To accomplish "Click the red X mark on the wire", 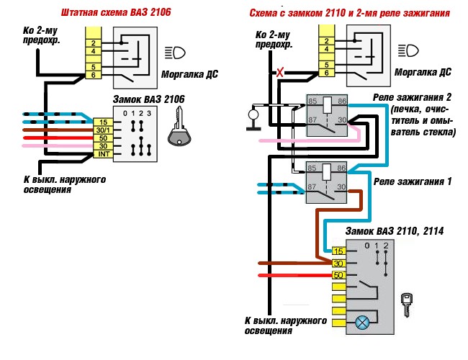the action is (x=279, y=72).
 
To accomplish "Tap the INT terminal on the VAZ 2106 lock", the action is (x=103, y=154).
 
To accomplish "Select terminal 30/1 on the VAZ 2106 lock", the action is (x=103, y=130).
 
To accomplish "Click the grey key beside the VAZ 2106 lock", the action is (x=179, y=127).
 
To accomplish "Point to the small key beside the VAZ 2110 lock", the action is (x=407, y=304).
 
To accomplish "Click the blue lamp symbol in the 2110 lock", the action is (x=362, y=323).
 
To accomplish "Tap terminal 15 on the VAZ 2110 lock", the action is (x=339, y=251).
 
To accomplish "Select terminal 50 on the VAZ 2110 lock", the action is (x=339, y=275).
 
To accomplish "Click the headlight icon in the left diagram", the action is (x=175, y=53).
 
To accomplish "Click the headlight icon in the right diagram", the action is (x=408, y=50).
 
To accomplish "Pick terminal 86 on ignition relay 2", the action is (x=342, y=101).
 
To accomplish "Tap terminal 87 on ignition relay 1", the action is (x=312, y=186).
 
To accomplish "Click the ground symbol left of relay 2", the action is (x=253, y=119).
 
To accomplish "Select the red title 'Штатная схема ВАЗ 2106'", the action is (x=116, y=12).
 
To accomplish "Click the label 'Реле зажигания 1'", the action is (x=413, y=181).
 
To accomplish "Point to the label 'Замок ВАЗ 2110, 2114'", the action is (x=395, y=230).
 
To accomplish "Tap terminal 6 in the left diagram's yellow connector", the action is (x=94, y=75).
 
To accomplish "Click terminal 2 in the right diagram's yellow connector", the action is (x=327, y=41).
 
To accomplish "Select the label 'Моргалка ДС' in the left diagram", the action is (x=189, y=74).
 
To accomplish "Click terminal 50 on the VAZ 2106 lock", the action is (x=103, y=138).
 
